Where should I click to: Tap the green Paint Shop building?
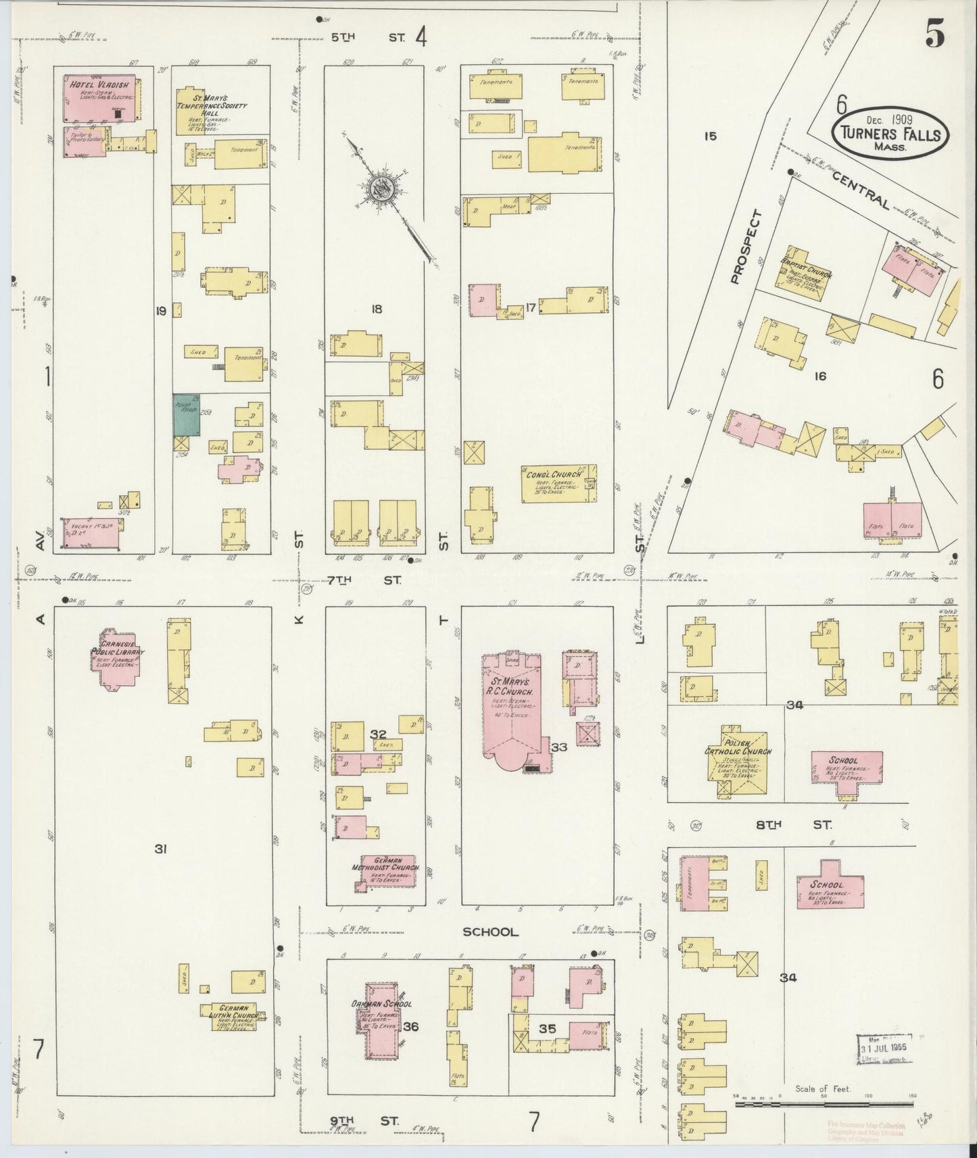tap(186, 415)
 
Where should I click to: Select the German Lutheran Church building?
tap(230, 1017)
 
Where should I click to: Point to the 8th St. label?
tap(788, 824)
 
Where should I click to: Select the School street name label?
tap(490, 932)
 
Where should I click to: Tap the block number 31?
tap(160, 849)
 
